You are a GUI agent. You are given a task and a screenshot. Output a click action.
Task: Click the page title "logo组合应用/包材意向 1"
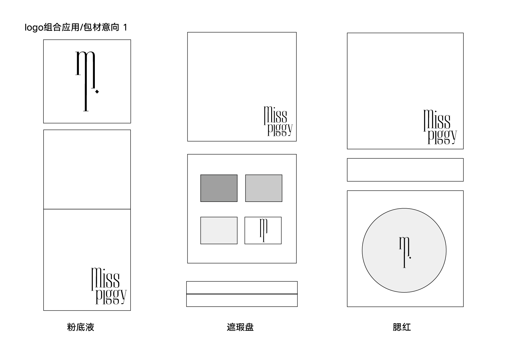point(76,28)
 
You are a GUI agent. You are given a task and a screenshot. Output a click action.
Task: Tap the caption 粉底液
point(81,327)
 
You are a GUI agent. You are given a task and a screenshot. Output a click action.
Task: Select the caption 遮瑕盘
point(240,327)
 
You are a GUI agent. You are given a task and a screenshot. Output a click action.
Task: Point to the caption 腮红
point(402,327)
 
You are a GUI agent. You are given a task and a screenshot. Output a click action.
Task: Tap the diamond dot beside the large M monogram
point(97,92)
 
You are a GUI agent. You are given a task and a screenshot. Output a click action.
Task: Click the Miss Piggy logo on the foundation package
point(109,286)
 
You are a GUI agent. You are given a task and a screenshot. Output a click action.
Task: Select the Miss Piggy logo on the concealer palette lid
point(278,121)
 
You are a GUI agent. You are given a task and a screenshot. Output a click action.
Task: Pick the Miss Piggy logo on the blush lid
point(440,127)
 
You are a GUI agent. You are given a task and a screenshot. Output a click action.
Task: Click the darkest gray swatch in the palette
point(219,188)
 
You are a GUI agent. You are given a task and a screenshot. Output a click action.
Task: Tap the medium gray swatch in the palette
point(264,188)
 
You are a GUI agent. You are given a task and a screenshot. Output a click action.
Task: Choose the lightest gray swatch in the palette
point(219,231)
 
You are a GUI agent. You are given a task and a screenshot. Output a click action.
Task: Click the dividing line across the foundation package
point(87,209)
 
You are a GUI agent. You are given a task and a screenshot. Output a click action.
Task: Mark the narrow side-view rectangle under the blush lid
point(405,170)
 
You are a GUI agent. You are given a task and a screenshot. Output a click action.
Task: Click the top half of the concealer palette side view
point(242,287)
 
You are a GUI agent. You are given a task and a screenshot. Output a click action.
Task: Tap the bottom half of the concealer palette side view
point(242,301)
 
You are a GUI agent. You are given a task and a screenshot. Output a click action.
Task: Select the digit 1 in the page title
point(125,28)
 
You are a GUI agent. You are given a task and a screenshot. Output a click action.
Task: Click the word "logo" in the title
point(34,28)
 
